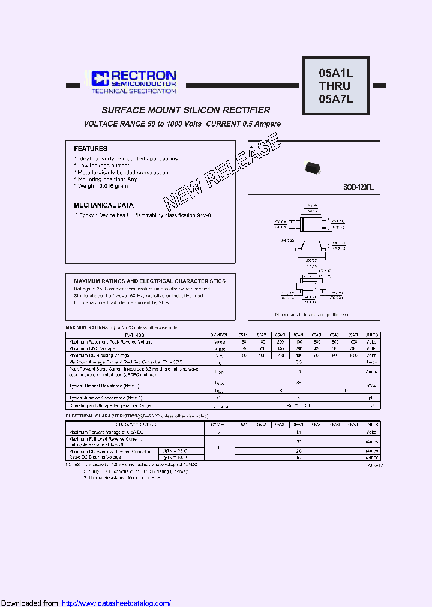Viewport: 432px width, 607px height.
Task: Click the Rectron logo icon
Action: coord(99,77)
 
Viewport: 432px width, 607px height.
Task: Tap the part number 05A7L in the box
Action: coord(336,99)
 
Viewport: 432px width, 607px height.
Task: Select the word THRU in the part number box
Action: coord(335,86)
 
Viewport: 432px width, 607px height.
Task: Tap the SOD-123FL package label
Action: coord(358,187)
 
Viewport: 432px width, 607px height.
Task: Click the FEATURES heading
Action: coord(91,148)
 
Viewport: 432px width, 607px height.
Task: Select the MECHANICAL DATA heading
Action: coord(104,205)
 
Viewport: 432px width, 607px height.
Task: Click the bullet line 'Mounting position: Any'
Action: coord(107,179)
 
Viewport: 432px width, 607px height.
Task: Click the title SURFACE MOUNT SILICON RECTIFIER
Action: coord(185,110)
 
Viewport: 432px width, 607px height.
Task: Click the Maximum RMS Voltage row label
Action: coord(92,348)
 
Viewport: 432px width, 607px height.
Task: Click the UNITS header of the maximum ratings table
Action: coord(372,335)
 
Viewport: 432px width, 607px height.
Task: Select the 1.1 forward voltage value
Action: coord(298,432)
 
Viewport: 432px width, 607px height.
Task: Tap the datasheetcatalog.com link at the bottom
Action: coord(116,603)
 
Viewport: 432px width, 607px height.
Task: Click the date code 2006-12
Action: coord(373,465)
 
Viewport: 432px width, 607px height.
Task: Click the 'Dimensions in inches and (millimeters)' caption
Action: coord(313,314)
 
